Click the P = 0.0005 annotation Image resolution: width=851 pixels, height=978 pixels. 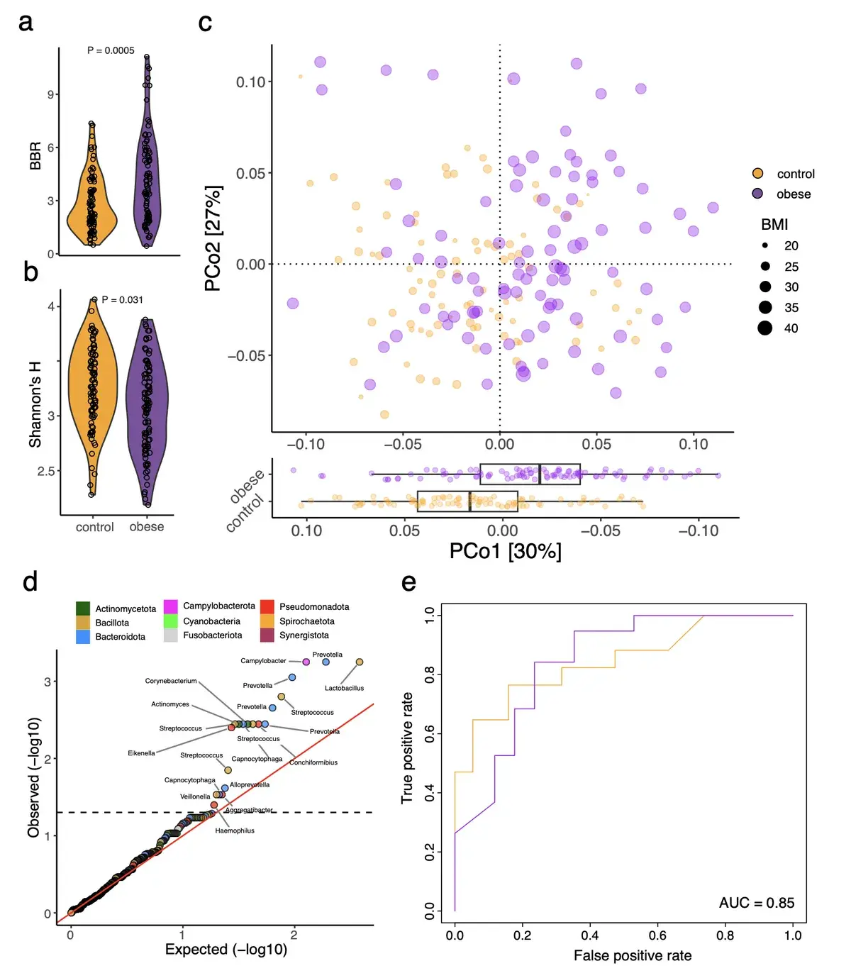click(111, 50)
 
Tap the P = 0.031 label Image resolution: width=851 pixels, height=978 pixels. click(122, 300)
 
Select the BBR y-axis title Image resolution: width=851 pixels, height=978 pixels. click(35, 157)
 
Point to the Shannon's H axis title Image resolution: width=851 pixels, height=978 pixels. click(35, 404)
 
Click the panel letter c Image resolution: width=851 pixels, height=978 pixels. click(205, 23)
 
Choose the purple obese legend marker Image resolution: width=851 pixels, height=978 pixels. click(757, 194)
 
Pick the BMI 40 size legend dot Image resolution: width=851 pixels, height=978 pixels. click(764, 328)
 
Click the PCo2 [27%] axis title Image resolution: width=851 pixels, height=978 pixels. click(213, 238)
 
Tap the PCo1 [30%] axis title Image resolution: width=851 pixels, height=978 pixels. click(505, 551)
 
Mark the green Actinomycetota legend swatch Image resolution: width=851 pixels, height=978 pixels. click(83, 609)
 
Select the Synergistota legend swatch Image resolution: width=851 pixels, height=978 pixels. click(267, 635)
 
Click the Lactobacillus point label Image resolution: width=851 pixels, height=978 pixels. click(344, 688)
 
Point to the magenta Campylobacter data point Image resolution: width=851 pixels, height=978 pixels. click(306, 662)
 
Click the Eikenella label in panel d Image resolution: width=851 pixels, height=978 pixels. click(141, 753)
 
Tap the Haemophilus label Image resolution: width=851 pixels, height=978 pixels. click(235, 830)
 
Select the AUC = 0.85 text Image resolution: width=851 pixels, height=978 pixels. click(756, 903)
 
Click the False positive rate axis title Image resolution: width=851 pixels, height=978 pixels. click(632, 955)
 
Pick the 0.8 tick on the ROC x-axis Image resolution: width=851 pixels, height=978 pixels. click(725, 935)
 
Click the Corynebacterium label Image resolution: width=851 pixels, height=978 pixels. click(171, 681)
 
